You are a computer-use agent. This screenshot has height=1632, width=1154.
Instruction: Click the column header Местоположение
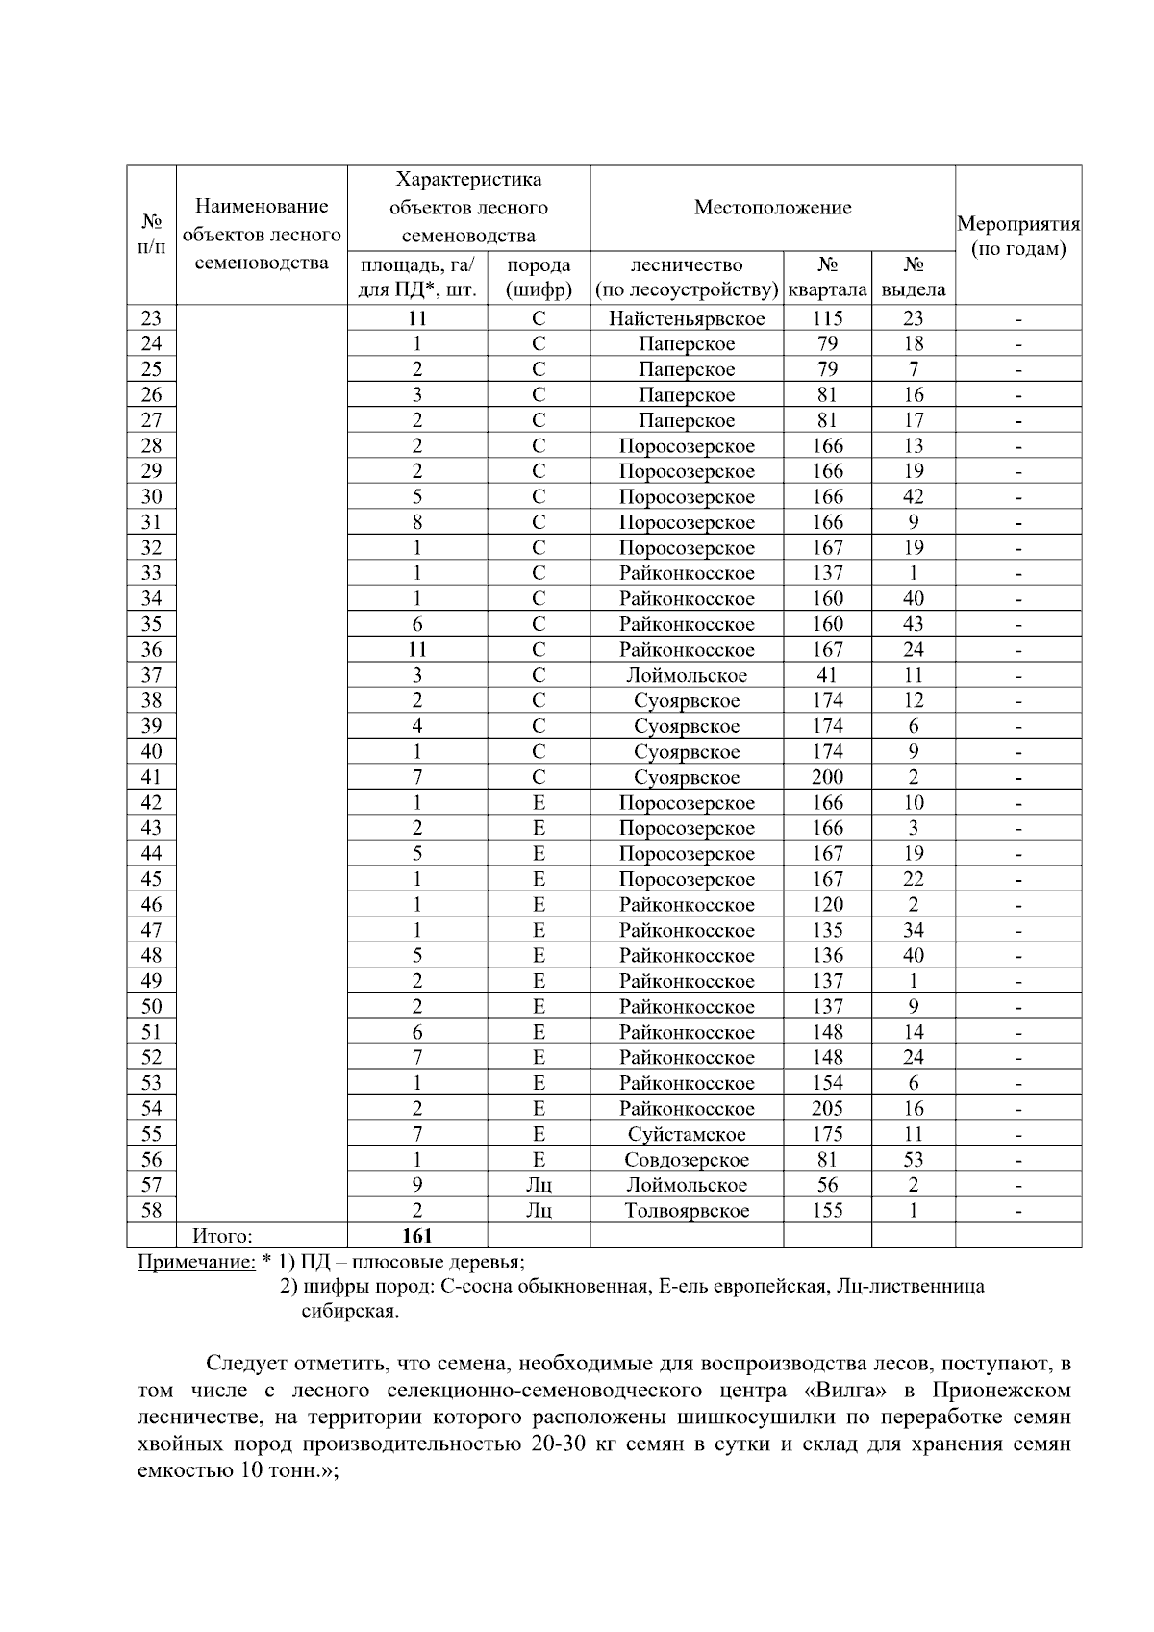[772, 208]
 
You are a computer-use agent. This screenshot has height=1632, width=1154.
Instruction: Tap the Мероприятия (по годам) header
[1017, 237]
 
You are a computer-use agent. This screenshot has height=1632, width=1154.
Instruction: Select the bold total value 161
[417, 1236]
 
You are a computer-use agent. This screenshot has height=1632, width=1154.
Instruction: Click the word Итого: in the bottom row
[222, 1236]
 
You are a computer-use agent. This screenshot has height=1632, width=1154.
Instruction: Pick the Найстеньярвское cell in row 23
[687, 318]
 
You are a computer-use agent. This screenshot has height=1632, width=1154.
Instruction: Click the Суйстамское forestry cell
[687, 1134]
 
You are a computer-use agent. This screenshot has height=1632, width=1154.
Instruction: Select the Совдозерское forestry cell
[687, 1160]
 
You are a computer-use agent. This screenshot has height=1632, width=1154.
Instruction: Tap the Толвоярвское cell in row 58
[687, 1211]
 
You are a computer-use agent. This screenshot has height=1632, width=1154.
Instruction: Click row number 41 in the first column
[151, 777]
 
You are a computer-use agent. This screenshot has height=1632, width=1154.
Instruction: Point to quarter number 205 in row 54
[827, 1109]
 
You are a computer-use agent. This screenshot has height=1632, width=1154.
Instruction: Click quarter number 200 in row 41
[827, 777]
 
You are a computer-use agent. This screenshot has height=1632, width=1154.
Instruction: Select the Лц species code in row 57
[539, 1185]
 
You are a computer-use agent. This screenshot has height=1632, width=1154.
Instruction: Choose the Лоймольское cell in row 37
[687, 675]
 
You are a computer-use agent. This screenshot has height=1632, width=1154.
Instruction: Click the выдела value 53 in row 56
[913, 1160]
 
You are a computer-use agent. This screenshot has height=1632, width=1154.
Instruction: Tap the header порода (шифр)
[539, 277]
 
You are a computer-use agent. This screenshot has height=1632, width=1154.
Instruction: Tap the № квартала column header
[827, 277]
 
